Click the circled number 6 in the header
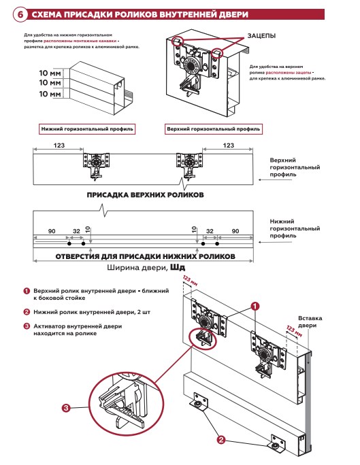[20, 14]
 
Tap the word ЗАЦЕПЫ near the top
[261, 36]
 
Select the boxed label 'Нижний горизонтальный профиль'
[87, 129]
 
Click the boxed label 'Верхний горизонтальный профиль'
[214, 129]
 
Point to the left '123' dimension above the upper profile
[59, 145]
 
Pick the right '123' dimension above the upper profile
[228, 145]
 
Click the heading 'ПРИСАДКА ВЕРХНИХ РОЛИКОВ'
[145, 195]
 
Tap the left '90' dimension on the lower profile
[52, 231]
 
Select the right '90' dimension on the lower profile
[235, 231]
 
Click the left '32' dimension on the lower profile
[77, 231]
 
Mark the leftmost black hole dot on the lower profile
[69, 244]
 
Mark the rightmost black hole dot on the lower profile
[217, 244]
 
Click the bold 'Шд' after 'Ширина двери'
[178, 268]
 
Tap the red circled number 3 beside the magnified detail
[66, 408]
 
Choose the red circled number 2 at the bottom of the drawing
[220, 439]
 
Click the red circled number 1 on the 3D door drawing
[255, 306]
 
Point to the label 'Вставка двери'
[310, 322]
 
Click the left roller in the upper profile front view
[96, 166]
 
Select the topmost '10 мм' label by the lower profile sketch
[50, 73]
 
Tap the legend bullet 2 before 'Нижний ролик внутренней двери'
[27, 312]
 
